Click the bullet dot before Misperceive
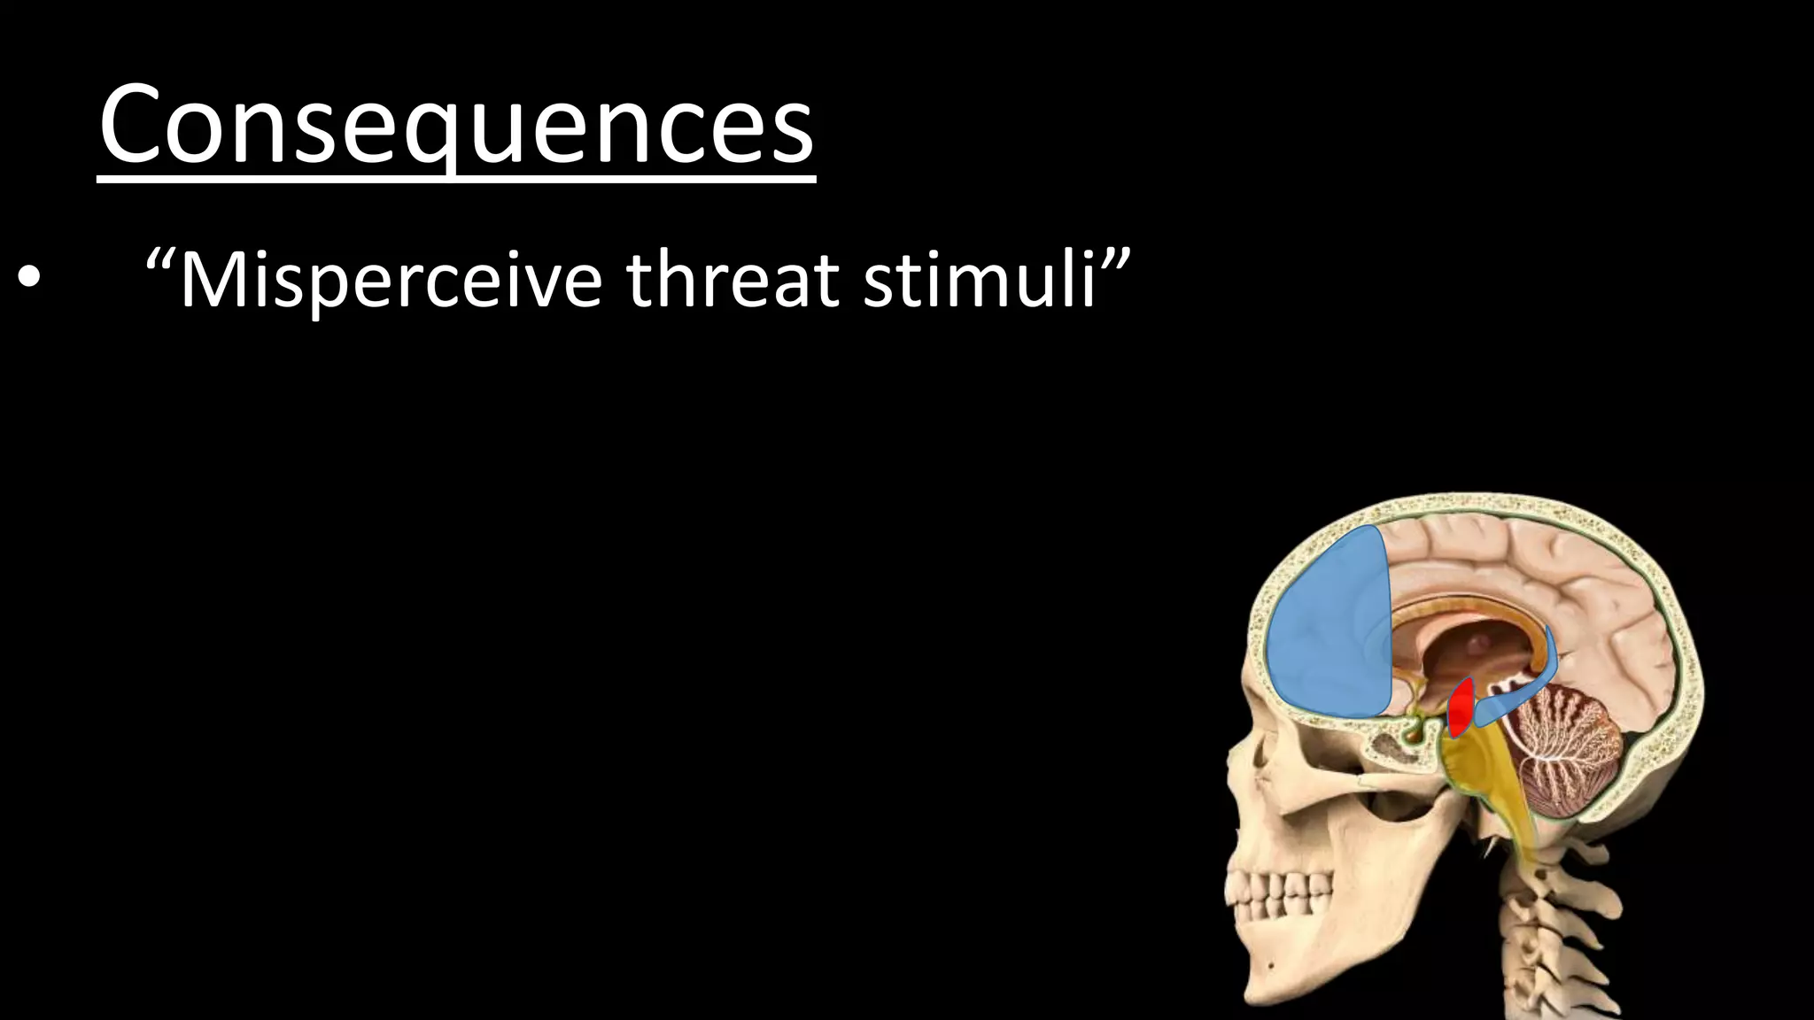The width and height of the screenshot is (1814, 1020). [x=28, y=279]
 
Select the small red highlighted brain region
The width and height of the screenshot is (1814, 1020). [x=1461, y=707]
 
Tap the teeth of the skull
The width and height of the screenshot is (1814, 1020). [x=1275, y=894]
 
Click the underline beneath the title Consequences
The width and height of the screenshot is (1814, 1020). [x=456, y=181]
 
